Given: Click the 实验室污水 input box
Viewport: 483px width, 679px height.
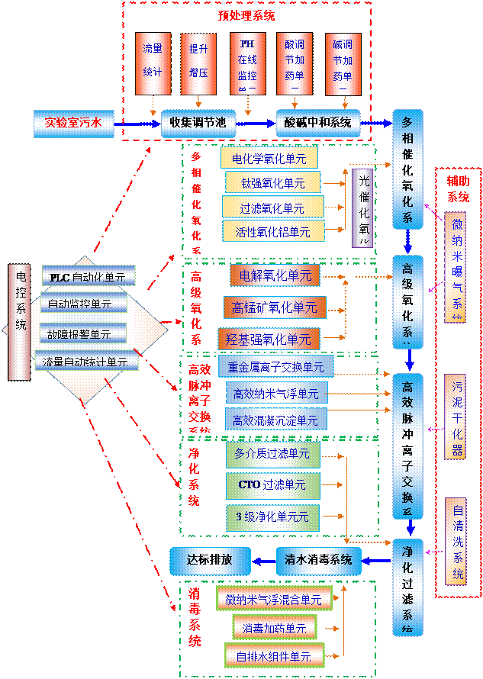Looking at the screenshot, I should (x=72, y=121).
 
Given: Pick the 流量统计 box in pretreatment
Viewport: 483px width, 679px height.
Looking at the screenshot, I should (x=153, y=63).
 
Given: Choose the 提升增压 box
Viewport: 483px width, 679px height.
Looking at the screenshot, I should (x=198, y=63).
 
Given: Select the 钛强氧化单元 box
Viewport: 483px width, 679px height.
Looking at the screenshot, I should (x=272, y=182).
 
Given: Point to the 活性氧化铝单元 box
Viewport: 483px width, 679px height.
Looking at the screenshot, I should (x=272, y=231).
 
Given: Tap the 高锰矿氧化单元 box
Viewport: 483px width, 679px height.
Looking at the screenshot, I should (x=274, y=307).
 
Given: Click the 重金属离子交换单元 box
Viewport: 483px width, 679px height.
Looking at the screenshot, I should (x=275, y=367).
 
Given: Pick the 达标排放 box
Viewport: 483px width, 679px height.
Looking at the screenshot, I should (x=209, y=560).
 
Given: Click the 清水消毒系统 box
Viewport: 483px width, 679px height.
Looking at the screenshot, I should (x=317, y=560).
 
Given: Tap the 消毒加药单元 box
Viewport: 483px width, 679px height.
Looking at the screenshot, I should (x=274, y=628).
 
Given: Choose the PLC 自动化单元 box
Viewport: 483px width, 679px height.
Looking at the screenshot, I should (x=88, y=276).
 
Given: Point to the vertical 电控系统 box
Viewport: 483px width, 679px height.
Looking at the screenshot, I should (x=20, y=321).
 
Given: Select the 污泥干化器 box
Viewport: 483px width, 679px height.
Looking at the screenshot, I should (x=456, y=416).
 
